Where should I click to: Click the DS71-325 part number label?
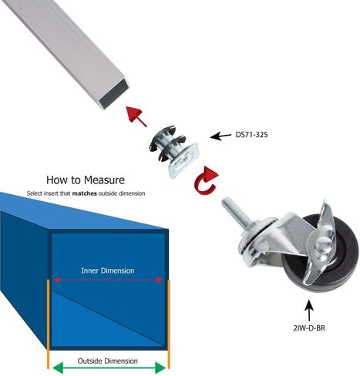pos(251,135)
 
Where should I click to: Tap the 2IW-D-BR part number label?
pos(309,328)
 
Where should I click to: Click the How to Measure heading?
pos(86,180)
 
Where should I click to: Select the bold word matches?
pos(85,193)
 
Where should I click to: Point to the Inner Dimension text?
pos(108,270)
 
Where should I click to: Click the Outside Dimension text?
pos(108,361)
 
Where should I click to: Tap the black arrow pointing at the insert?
pos(220,136)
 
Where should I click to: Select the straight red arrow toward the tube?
pos(136,116)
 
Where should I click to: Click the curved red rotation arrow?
pos(207,180)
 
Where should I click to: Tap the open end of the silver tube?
pos(115,94)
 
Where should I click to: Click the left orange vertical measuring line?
pos(48,324)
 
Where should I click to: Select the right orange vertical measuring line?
pos(169,324)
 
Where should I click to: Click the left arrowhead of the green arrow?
pos(58,368)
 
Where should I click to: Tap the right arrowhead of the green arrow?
pos(160,368)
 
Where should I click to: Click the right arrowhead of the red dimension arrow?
pos(160,280)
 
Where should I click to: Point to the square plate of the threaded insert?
pos(183,161)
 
